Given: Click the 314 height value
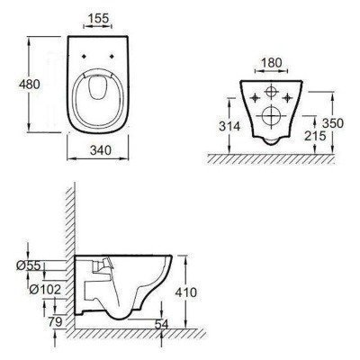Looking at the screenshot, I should (x=229, y=128).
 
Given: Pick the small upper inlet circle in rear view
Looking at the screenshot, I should (x=269, y=94).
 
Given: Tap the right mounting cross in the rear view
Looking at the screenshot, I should (x=289, y=94).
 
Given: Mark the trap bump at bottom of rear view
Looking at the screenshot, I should (x=269, y=140).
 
